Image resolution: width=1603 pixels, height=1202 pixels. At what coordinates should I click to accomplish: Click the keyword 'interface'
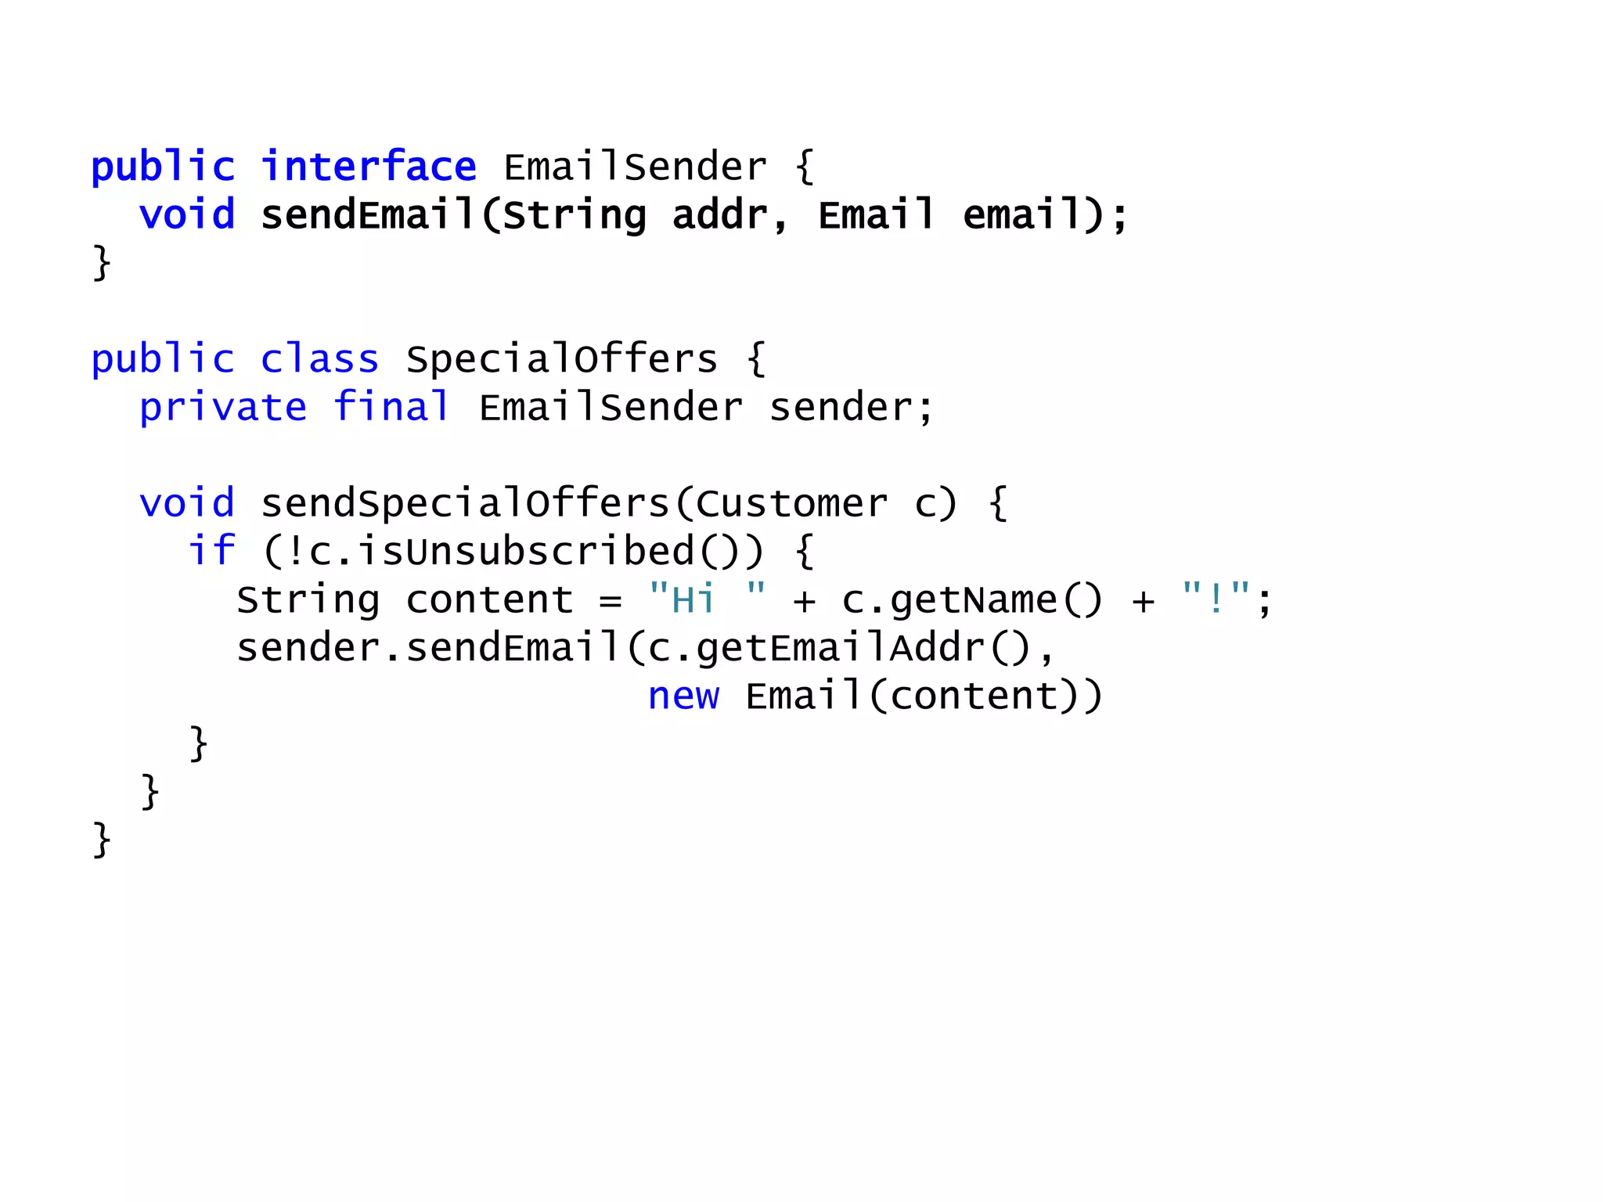click(x=369, y=167)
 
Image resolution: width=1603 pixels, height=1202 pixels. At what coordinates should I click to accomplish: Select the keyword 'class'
click(x=319, y=359)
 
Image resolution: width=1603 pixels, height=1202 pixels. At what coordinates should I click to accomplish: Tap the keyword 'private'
click(x=223, y=408)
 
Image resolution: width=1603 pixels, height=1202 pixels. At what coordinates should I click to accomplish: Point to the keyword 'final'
click(x=391, y=407)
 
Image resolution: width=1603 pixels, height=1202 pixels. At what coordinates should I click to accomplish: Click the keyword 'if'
click(x=211, y=551)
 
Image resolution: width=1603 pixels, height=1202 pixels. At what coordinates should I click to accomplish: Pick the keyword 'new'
click(x=683, y=696)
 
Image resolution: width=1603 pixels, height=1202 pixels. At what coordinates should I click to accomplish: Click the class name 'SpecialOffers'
click(x=561, y=359)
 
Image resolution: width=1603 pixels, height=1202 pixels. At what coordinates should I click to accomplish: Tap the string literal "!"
click(x=1216, y=599)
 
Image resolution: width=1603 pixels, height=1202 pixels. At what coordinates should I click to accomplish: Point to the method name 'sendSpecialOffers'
click(x=465, y=503)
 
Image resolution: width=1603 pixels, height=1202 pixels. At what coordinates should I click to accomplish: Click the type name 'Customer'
click(x=791, y=503)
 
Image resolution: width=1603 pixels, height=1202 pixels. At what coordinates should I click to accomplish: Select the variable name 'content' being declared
click(x=490, y=600)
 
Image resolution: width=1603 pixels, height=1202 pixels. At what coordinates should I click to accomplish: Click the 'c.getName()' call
click(x=971, y=600)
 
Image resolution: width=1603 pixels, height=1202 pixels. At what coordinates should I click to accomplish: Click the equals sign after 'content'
click(x=611, y=601)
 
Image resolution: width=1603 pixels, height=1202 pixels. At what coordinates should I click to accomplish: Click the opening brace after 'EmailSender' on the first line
click(x=805, y=167)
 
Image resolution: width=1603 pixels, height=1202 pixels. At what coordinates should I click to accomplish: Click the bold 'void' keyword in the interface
click(x=187, y=215)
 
